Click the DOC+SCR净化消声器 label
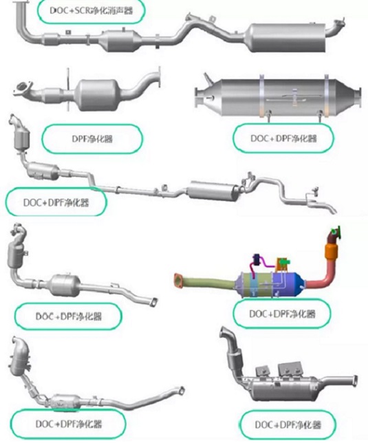click(91, 11)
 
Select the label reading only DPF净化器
click(92, 139)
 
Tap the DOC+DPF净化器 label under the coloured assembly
click(282, 314)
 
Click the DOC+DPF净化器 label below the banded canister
click(283, 138)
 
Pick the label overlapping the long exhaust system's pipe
click(56, 202)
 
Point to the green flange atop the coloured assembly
click(336, 231)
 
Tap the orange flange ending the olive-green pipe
click(178, 281)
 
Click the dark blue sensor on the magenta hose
click(257, 259)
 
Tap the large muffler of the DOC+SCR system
click(287, 38)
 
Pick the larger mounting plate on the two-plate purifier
click(290, 370)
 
